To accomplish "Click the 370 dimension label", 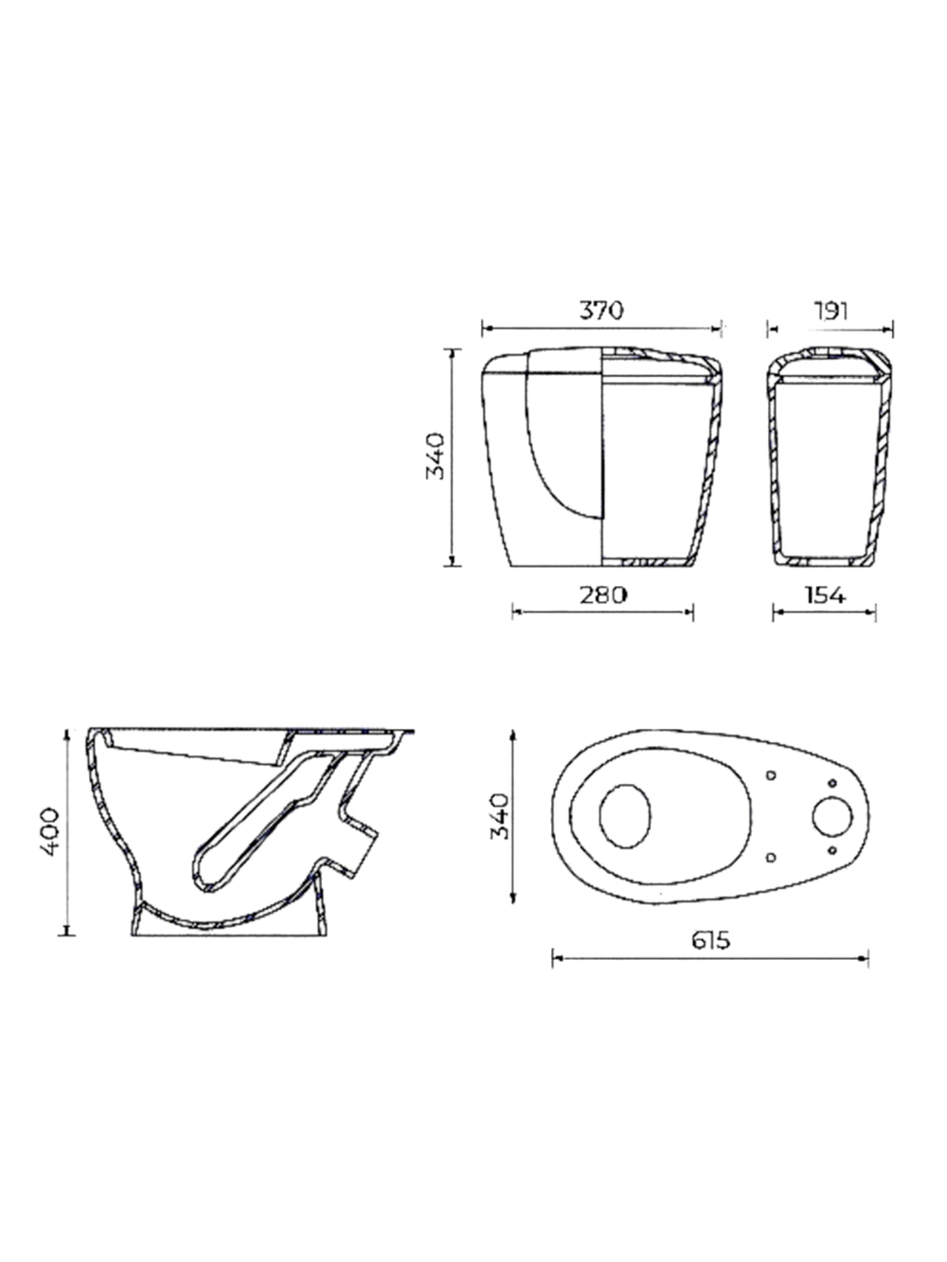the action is (600, 311).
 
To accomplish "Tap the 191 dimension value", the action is (831, 311).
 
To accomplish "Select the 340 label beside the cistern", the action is (436, 456).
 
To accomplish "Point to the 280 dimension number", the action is (602, 595).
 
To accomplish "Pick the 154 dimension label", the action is (825, 595).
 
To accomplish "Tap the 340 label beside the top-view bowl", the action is (500, 816).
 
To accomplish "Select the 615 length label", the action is (710, 941).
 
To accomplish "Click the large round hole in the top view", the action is (832, 817).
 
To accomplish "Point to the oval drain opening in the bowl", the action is (625, 816).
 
